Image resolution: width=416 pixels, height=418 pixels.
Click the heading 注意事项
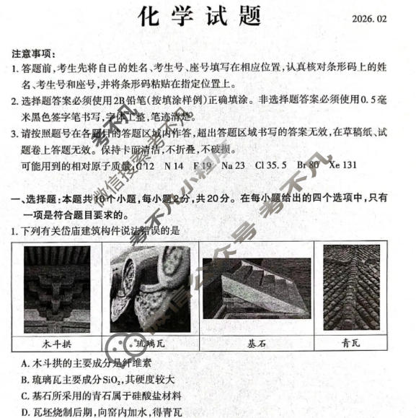pos(32,53)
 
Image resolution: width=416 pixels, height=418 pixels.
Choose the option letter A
pos(26,363)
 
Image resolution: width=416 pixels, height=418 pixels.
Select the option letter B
pos(26,380)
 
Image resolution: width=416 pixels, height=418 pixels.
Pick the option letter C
pos(26,396)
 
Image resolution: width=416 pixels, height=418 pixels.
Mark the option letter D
pos(26,412)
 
